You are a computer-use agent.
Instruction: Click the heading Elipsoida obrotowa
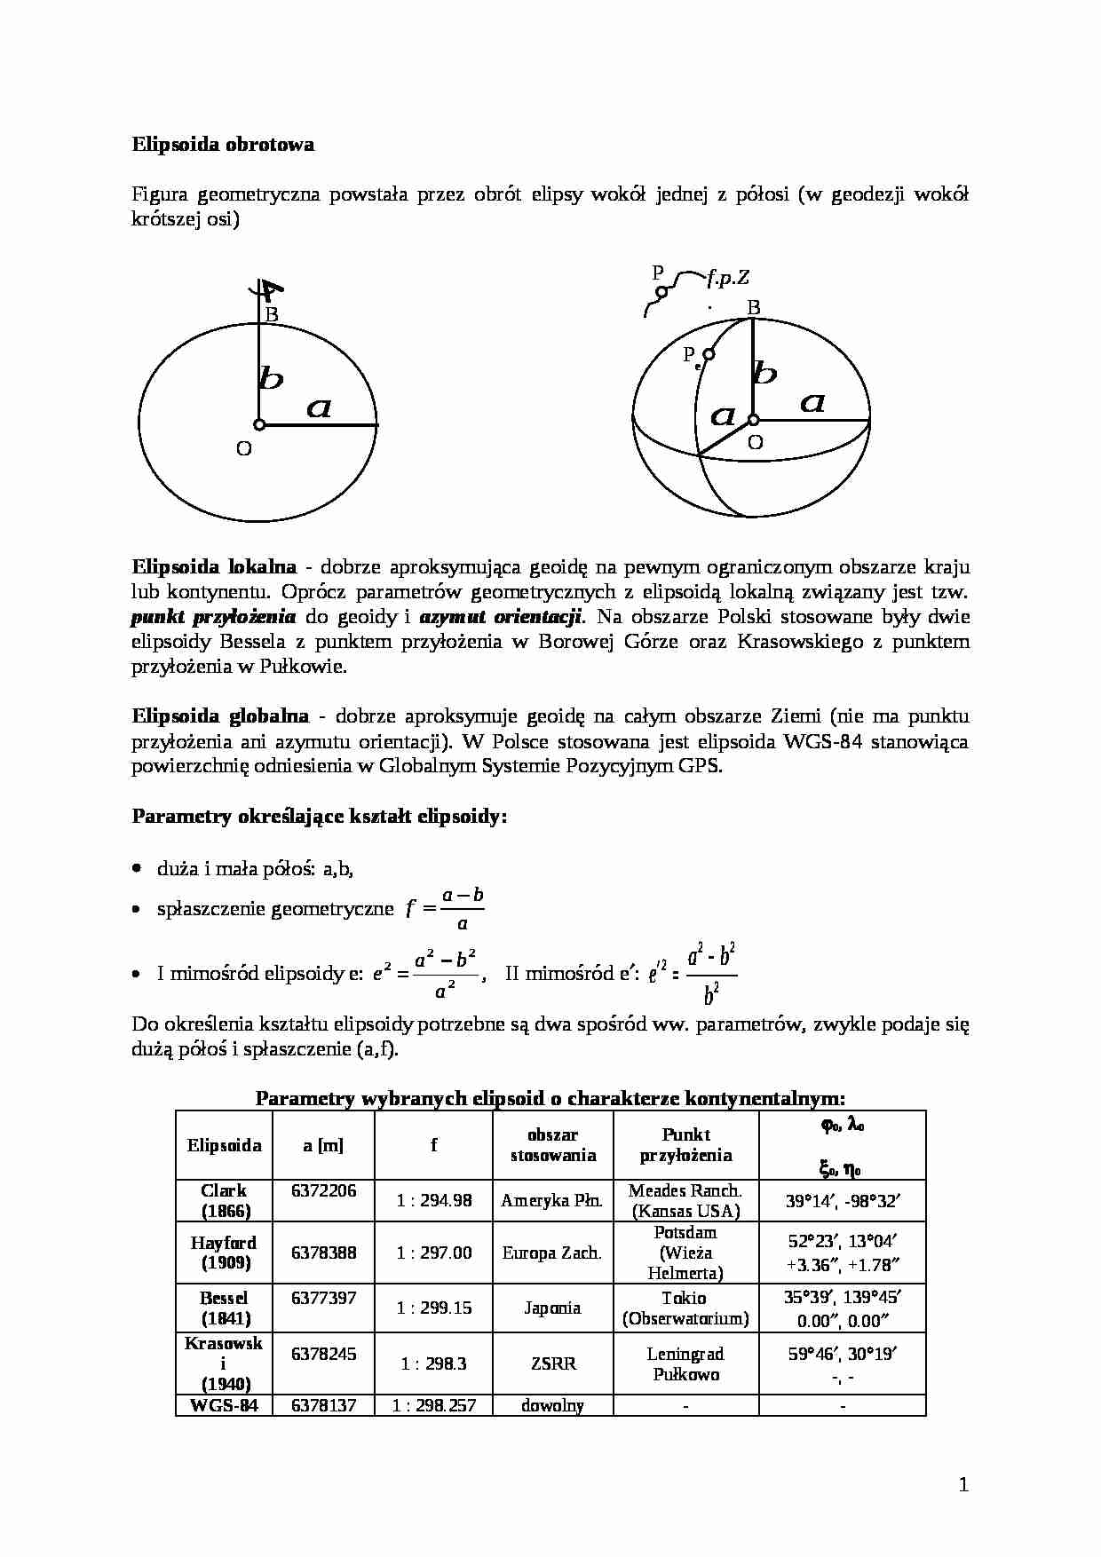(223, 144)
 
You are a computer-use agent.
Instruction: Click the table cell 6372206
(323, 1190)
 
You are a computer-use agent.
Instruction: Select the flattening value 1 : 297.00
(434, 1253)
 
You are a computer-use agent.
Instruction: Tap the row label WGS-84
(224, 1405)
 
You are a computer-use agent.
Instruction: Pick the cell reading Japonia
(552, 1308)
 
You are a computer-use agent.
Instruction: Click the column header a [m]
(323, 1145)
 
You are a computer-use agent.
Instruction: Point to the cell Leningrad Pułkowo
(685, 1363)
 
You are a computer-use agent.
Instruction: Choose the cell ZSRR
(552, 1363)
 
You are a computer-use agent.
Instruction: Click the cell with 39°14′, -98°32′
(842, 1201)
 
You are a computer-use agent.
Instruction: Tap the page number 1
(964, 1484)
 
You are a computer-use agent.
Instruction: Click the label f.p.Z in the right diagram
(728, 278)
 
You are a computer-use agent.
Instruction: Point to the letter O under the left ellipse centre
(243, 449)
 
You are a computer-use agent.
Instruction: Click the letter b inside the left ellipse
(271, 379)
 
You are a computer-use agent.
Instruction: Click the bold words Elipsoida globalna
(220, 715)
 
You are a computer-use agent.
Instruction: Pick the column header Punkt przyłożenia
(685, 1145)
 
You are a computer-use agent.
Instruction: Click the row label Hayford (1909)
(224, 1253)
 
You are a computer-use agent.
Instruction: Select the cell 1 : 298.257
(434, 1405)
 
